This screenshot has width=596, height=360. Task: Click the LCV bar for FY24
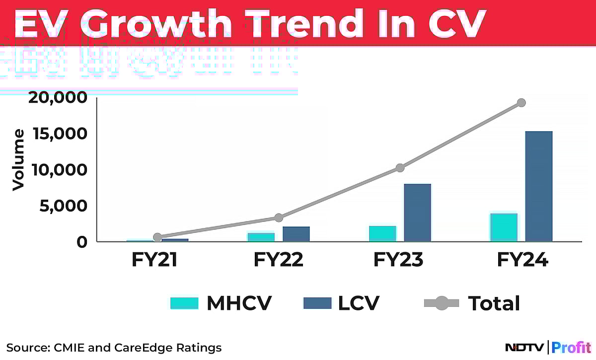click(538, 186)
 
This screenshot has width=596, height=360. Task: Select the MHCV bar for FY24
click(504, 227)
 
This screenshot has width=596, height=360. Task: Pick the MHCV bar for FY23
click(382, 234)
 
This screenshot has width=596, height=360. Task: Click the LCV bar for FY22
click(296, 234)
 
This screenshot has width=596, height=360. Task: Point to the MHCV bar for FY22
click(261, 237)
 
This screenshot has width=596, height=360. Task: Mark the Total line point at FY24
click(521, 103)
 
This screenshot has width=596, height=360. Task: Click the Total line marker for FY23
click(400, 168)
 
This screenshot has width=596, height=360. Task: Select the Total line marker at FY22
click(279, 217)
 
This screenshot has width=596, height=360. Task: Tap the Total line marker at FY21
click(157, 237)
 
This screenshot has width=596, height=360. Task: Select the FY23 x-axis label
click(399, 260)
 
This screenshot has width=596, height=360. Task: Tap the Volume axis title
click(18, 159)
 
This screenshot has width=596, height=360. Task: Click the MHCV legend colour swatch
click(184, 303)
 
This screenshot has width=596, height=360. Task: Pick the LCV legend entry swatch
click(316, 303)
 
